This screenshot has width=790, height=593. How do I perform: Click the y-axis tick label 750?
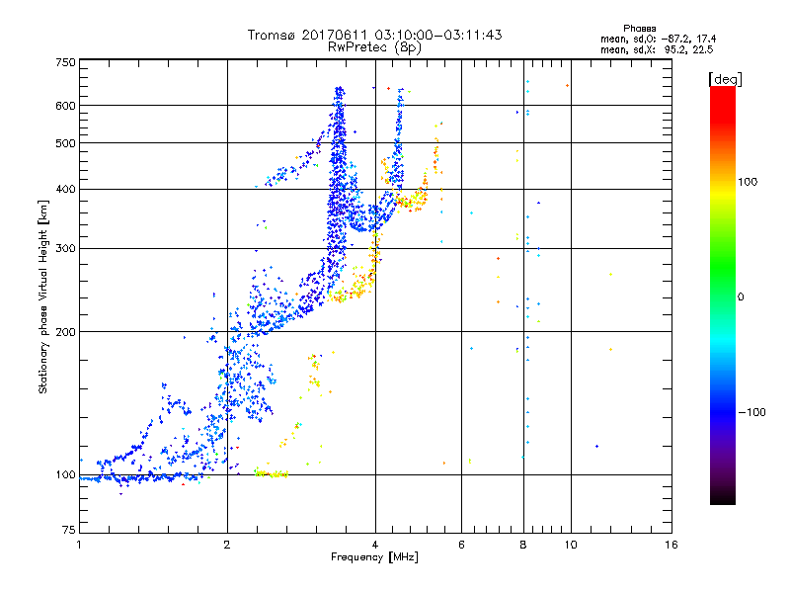pos(65,61)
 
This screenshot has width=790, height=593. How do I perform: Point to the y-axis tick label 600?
pos(65,105)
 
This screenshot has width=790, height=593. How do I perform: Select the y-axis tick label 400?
pos(65,189)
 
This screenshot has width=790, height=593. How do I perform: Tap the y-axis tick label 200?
pos(65,331)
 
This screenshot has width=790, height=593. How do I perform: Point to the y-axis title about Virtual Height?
pos(43,296)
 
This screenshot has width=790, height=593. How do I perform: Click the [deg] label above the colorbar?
pos(726,78)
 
